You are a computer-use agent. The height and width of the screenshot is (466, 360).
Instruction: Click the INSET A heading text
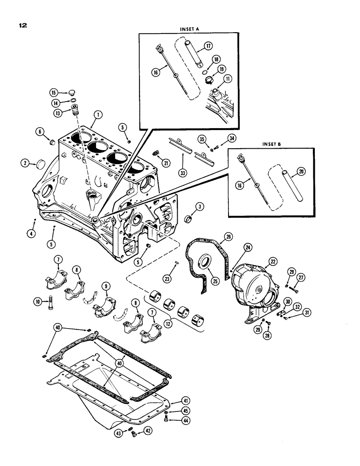coord(189,29)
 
